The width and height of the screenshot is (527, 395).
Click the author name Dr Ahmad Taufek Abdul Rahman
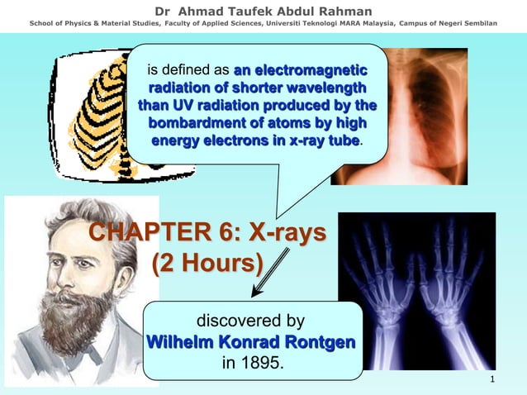tap(263, 10)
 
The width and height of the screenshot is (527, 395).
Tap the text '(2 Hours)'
tap(208, 264)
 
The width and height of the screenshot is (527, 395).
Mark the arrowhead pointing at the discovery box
tap(257, 293)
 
